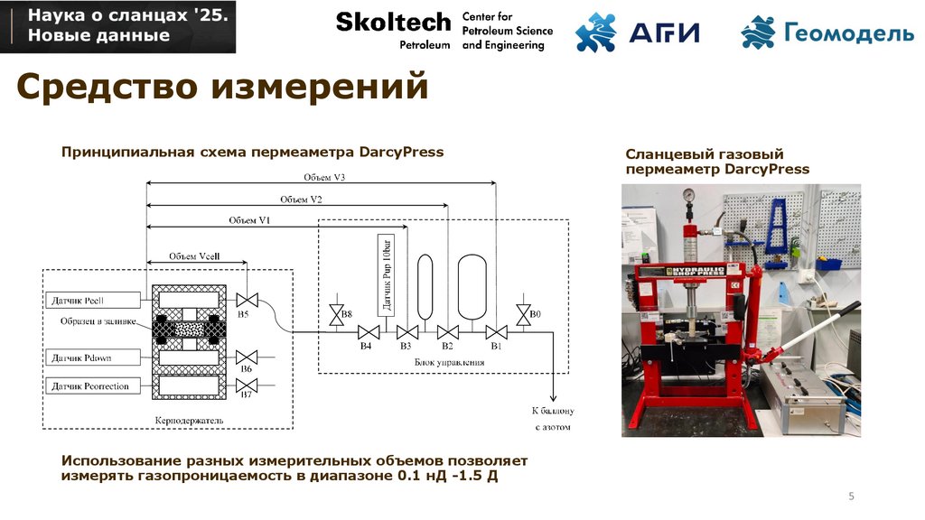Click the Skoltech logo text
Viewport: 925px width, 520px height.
pyautogui.click(x=393, y=22)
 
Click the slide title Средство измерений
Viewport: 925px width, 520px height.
pyautogui.click(x=222, y=88)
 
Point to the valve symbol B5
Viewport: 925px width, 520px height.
pyautogui.click(x=244, y=300)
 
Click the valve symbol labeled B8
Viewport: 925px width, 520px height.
pyautogui.click(x=335, y=314)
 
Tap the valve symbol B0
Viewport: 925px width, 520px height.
pyautogui.click(x=523, y=314)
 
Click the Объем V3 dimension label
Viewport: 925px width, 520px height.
pyautogui.click(x=320, y=178)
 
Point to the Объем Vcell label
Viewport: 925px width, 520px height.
pyautogui.click(x=194, y=256)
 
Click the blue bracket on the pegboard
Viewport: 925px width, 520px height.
pyautogui.click(x=777, y=225)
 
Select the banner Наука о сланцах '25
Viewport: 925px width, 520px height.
pyautogui.click(x=117, y=26)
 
